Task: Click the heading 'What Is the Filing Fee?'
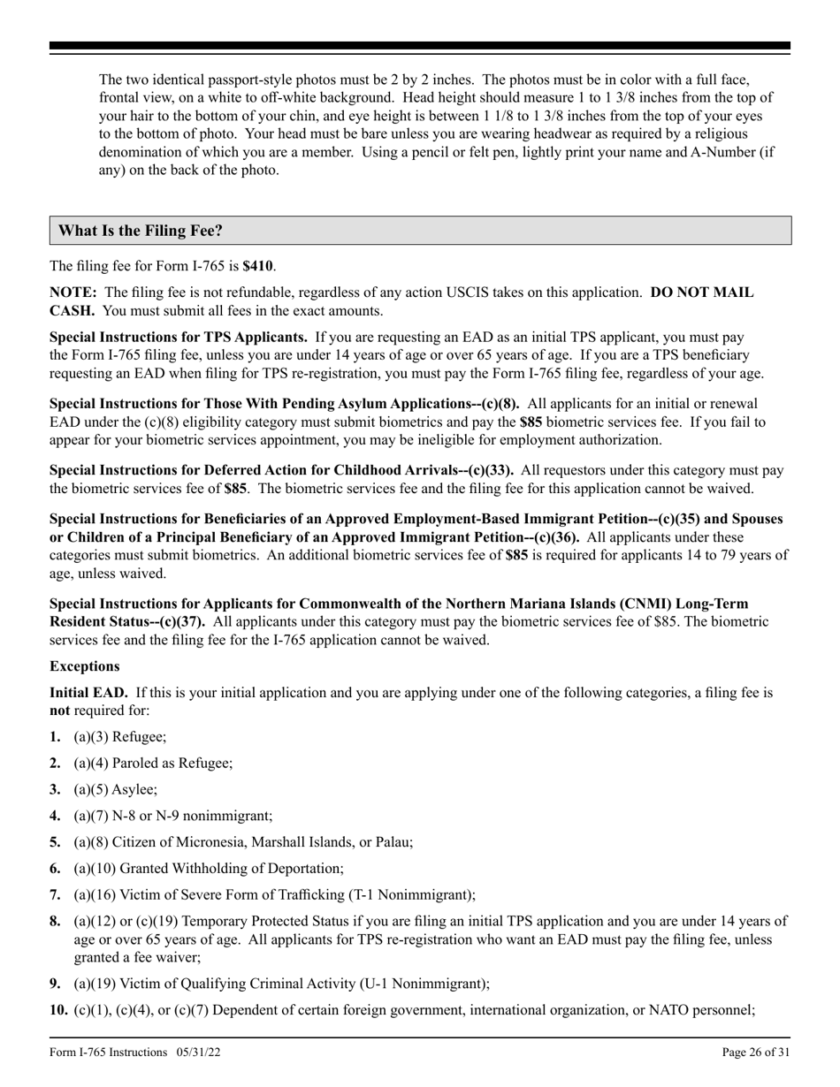click(140, 231)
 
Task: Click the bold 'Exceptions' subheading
click(84, 665)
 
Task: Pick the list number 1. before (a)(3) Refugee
click(56, 736)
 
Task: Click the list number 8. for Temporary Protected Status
click(56, 922)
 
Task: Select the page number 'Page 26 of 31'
click(755, 1052)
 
